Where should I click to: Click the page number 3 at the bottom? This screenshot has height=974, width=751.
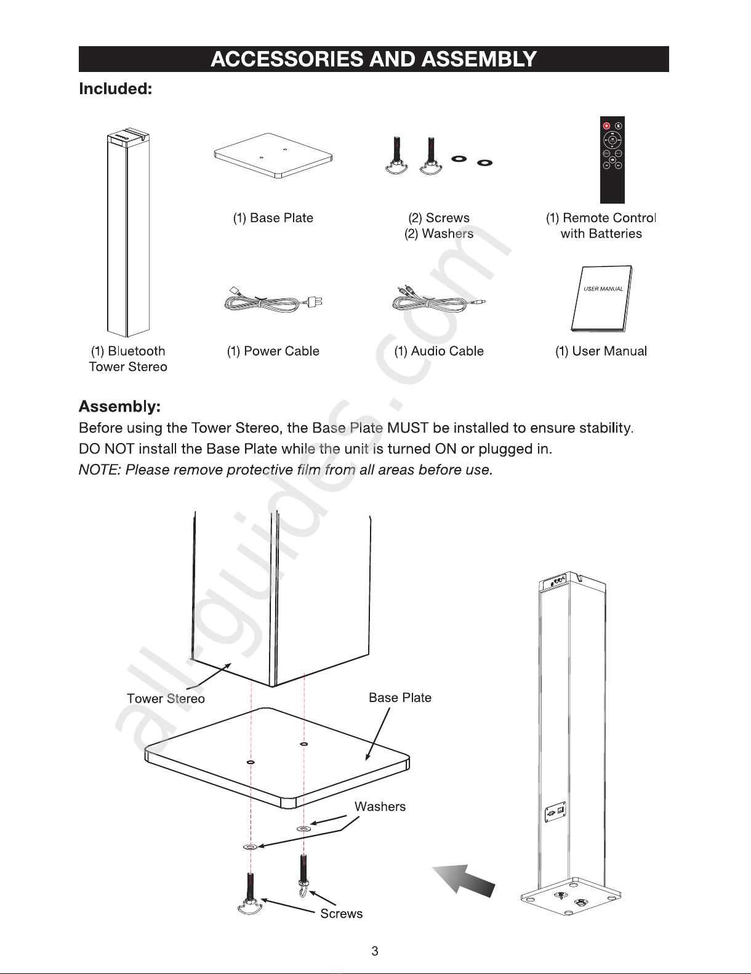click(x=375, y=951)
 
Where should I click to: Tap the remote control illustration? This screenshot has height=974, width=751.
click(x=612, y=160)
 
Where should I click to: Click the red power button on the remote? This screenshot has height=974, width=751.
click(x=606, y=126)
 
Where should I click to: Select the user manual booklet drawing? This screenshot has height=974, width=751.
click(x=601, y=299)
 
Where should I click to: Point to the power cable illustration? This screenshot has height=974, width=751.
click(x=273, y=300)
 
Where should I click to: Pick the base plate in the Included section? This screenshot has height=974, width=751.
click(x=273, y=156)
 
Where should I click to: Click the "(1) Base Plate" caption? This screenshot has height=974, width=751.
click(x=273, y=218)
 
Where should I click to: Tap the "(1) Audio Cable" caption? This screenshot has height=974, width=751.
click(x=439, y=351)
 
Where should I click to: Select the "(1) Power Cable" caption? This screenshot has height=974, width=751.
click(x=273, y=351)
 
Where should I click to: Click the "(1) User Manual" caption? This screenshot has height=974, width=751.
click(x=601, y=351)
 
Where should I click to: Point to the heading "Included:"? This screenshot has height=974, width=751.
click(x=116, y=89)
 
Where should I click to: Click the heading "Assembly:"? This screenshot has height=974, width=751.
click(x=119, y=407)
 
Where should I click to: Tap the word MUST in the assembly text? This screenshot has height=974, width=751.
click(x=408, y=428)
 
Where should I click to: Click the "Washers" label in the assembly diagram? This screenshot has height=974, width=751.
click(x=380, y=807)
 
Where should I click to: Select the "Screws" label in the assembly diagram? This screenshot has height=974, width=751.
click(x=341, y=914)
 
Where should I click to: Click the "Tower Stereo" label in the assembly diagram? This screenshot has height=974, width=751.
click(x=166, y=699)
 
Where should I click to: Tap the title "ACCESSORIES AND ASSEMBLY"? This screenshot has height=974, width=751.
click(x=374, y=59)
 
